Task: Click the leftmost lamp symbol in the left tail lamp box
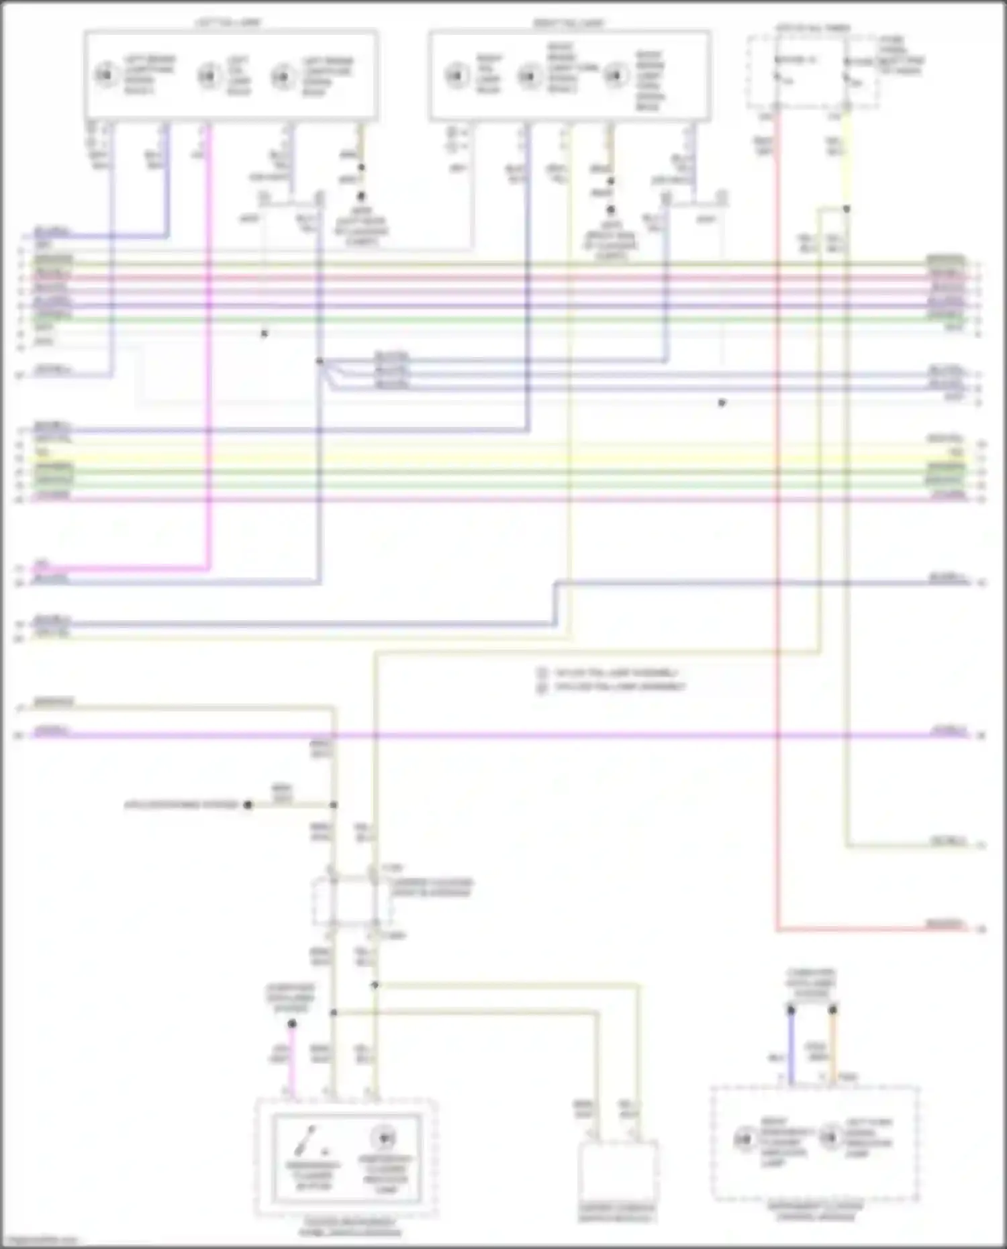click(x=105, y=74)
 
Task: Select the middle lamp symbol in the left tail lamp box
click(x=209, y=75)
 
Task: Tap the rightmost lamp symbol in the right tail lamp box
click(x=615, y=75)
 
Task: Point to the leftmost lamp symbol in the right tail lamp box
click(x=457, y=75)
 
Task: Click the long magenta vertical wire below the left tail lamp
click(x=209, y=403)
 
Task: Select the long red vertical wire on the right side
click(x=777, y=604)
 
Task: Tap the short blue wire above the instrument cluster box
click(x=791, y=1047)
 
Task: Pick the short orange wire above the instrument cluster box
click(x=832, y=1047)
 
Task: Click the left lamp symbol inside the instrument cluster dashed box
click(x=744, y=1138)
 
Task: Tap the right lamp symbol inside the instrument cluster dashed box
click(x=830, y=1137)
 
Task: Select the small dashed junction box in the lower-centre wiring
click(x=351, y=903)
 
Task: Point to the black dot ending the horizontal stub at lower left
click(x=248, y=804)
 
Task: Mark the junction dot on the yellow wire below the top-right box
click(x=847, y=209)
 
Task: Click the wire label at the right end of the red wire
click(x=947, y=924)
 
